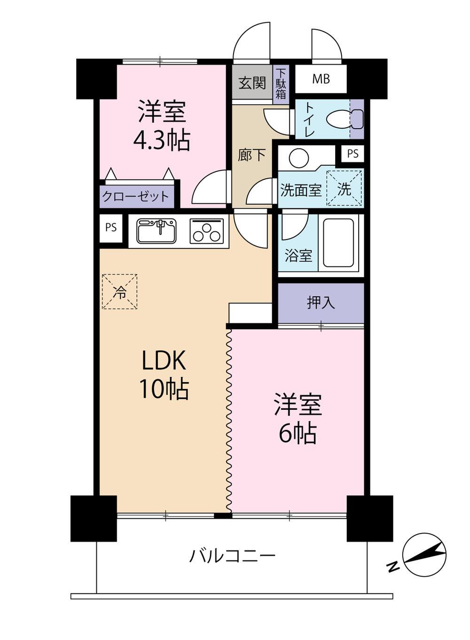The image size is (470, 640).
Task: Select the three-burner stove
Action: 206,231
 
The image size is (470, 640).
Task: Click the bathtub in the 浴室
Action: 340,243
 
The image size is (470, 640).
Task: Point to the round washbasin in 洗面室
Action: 298,157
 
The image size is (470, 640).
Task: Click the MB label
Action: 321,79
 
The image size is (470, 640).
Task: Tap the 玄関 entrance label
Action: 252,83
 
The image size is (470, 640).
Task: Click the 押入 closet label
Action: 321,303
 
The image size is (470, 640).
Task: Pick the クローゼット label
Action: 135,197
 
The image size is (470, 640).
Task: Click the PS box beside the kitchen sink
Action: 111,228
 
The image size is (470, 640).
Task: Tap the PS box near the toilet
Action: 352,154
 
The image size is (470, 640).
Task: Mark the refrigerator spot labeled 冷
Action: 119,292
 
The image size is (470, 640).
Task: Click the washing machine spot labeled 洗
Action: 344,188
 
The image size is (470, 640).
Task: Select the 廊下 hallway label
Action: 252,155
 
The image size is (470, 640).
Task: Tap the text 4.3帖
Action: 162,140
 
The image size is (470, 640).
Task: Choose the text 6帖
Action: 298,433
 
